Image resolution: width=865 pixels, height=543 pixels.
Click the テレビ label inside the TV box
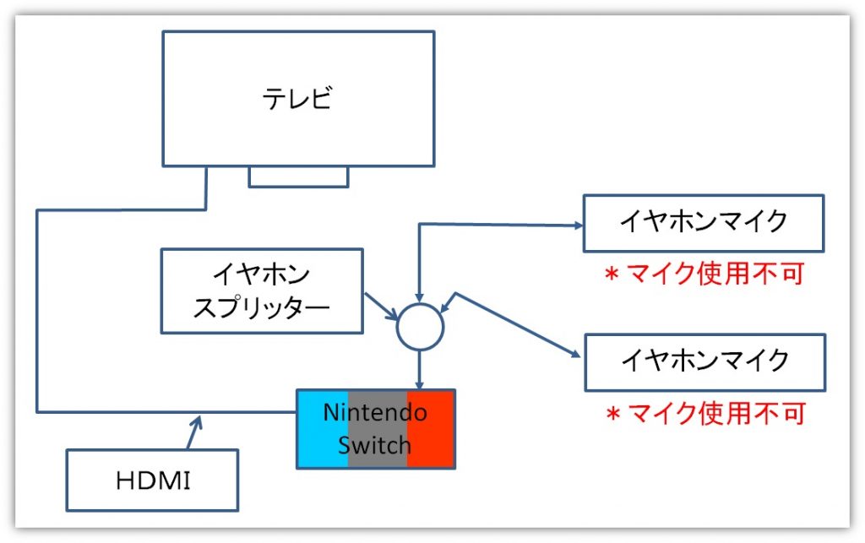coord(297,100)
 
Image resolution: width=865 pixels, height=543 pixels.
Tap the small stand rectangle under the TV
coord(298,176)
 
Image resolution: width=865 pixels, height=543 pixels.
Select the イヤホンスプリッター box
coord(261,290)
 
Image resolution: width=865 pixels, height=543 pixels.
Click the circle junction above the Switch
coord(420,325)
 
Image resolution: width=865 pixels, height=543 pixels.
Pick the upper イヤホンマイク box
coord(703,222)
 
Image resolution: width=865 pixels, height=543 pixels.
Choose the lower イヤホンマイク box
coord(703,361)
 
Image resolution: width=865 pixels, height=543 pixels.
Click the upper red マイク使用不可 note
coord(704,274)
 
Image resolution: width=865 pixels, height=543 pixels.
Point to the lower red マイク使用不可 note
coord(704,413)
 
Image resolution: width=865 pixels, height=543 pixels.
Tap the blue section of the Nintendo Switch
coord(322,428)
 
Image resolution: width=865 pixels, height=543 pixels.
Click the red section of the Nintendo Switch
coord(431,428)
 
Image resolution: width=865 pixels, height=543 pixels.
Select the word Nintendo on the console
coord(375,413)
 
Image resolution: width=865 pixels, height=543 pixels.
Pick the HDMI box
coord(152,480)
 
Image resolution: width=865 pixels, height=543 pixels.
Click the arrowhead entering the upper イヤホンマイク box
coord(577,225)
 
